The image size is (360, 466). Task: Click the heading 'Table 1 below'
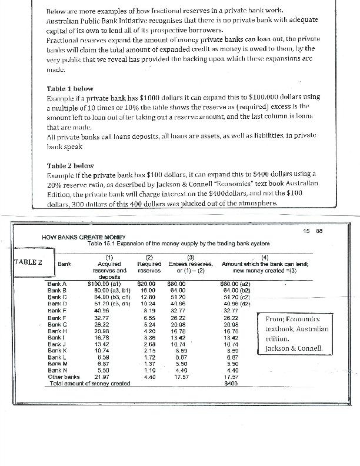(70, 88)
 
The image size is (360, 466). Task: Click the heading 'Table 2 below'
(70, 166)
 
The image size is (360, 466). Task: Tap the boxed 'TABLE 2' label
(28, 262)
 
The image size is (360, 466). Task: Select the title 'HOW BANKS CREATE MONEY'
(80, 237)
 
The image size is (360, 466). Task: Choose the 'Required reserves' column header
(149, 268)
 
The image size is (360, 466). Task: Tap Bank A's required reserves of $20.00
(146, 284)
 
